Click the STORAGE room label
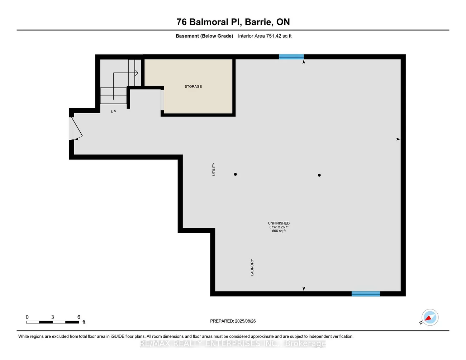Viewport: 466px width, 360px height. click(x=193, y=86)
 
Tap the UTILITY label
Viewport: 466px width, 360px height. click(x=214, y=169)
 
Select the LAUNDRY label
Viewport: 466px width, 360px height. click(x=252, y=267)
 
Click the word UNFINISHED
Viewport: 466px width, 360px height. click(x=279, y=223)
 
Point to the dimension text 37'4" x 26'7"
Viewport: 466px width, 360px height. click(x=279, y=227)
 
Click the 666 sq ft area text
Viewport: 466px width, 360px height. click(x=279, y=231)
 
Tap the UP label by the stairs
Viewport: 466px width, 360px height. click(x=113, y=112)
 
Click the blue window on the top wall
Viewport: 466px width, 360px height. click(x=291, y=57)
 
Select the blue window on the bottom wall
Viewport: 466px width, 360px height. click(x=365, y=294)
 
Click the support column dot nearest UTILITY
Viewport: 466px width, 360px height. click(x=235, y=174)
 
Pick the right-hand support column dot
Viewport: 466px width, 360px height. click(x=319, y=175)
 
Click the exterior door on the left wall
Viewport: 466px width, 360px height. click(x=72, y=128)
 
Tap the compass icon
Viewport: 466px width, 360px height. click(x=429, y=317)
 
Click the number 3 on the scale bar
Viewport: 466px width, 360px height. click(x=53, y=317)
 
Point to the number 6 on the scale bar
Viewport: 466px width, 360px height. click(x=79, y=317)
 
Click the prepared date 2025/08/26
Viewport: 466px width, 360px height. click(x=245, y=321)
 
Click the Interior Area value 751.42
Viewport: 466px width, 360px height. click(x=274, y=36)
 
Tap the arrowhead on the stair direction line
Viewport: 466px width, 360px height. click(x=137, y=73)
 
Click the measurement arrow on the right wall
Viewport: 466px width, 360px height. click(x=398, y=139)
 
